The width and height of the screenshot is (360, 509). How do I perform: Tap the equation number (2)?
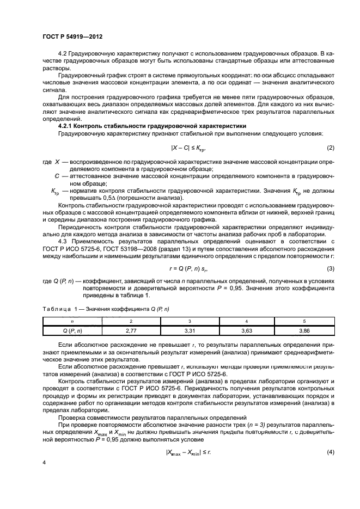click(330, 148)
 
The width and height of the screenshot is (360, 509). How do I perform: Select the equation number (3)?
click(330, 269)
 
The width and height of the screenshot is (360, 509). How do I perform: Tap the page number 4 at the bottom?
click(44, 475)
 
